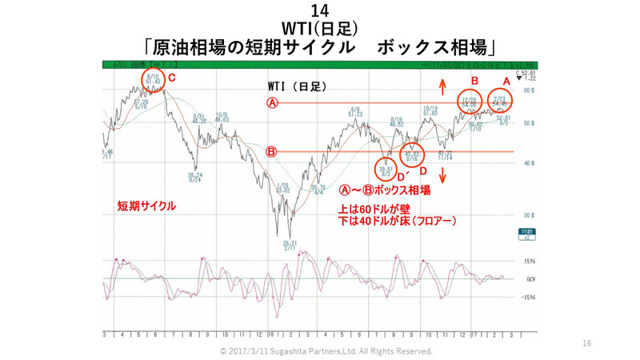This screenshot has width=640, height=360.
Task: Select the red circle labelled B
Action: click(x=470, y=103)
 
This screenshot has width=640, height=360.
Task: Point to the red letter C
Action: click(x=172, y=78)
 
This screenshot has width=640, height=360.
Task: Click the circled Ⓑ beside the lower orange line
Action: click(x=272, y=151)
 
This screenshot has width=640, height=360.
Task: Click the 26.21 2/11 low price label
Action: click(x=290, y=244)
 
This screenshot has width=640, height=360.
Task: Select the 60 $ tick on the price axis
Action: click(x=528, y=90)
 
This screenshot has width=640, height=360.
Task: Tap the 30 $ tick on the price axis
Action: click(x=528, y=215)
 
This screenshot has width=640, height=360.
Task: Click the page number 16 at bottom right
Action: click(x=586, y=343)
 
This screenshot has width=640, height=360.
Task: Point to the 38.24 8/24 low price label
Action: click(x=194, y=177)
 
